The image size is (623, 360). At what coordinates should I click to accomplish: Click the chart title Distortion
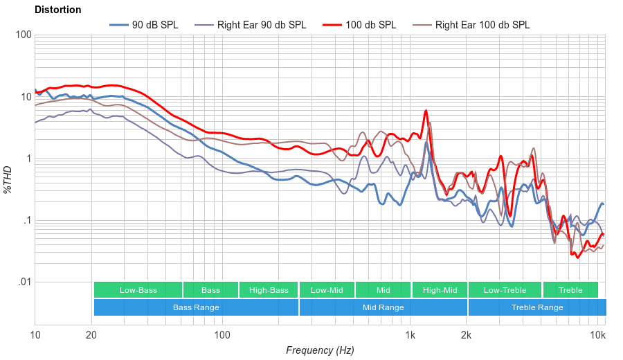point(57,10)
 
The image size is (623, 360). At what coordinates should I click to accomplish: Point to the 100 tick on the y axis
point(23,35)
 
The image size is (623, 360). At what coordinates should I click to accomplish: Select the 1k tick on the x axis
point(410,336)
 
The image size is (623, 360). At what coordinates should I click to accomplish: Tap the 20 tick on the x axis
point(91,336)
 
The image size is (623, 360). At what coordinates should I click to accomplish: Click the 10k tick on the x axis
point(598,336)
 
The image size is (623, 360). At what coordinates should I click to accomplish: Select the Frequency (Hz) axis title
point(320,350)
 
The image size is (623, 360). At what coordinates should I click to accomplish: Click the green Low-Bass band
point(138,290)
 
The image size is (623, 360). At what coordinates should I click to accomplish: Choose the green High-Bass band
point(268,290)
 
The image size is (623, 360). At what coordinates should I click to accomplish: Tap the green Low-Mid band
point(327,290)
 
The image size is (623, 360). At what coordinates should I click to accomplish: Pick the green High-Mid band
point(440,290)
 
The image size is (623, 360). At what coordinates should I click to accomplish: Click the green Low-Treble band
point(505,290)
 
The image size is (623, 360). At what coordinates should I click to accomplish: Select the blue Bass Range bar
point(196,307)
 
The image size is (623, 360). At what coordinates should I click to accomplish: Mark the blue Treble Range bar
point(536,307)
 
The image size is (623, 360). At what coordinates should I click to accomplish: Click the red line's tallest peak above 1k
point(426,111)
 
